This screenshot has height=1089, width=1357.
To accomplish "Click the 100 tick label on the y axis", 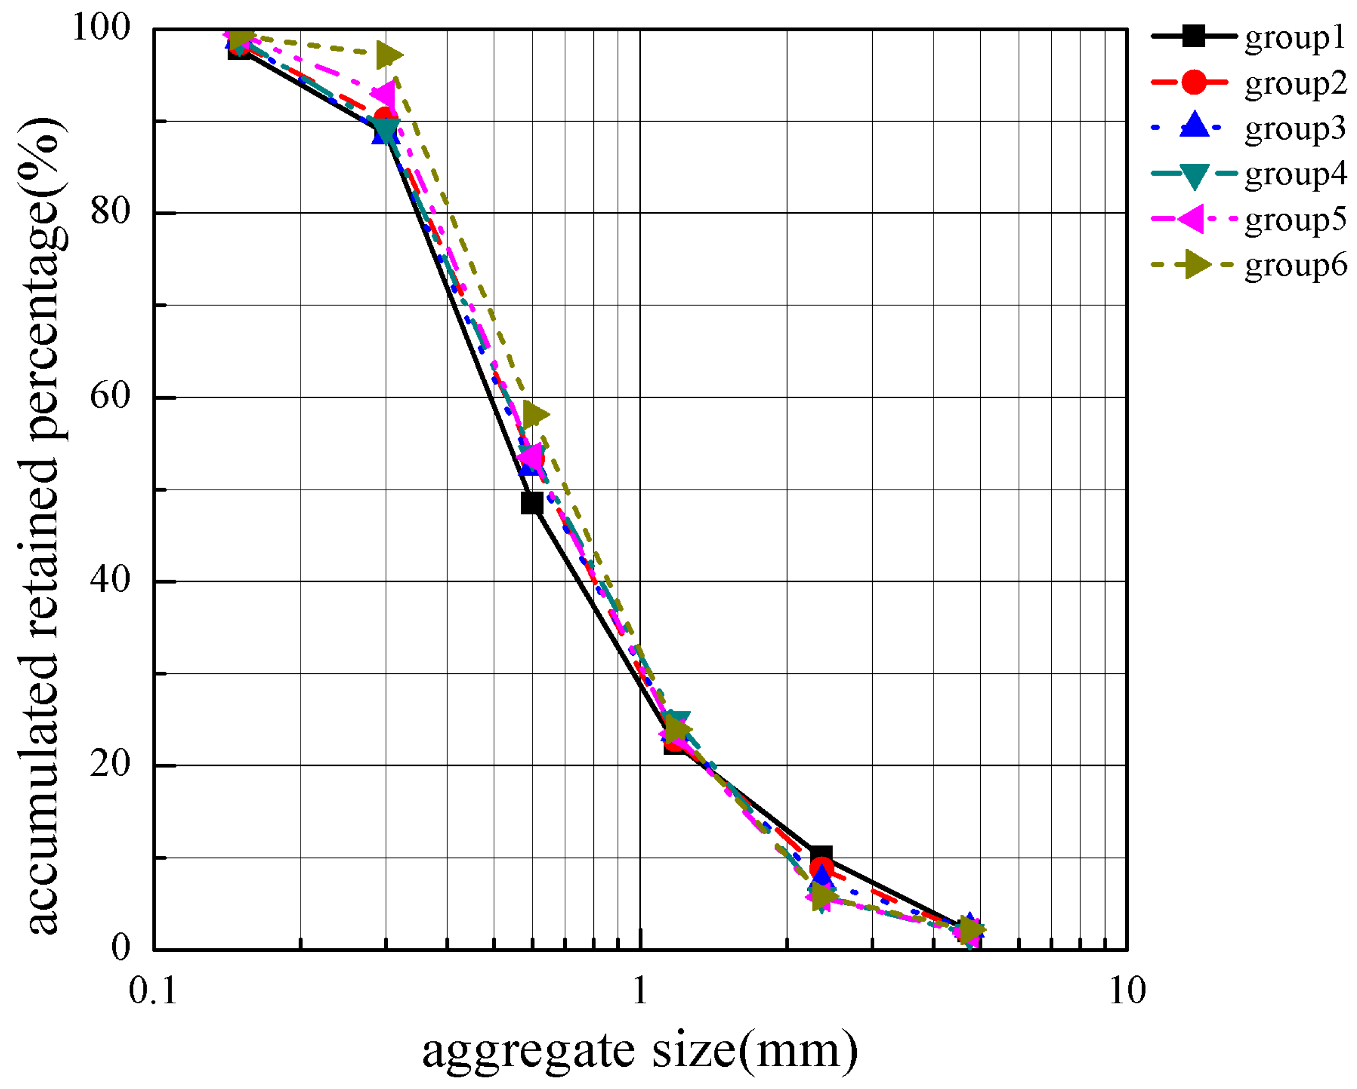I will [x=101, y=28].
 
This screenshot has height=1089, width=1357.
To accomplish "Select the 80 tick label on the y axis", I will [x=110, y=212].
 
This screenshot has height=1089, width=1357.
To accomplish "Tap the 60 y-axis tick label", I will [x=110, y=396].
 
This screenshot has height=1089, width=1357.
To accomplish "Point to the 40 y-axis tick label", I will [x=110, y=580].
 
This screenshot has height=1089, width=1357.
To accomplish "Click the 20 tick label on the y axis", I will [x=110, y=764].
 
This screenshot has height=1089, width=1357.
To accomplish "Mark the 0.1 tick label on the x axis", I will [x=153, y=992].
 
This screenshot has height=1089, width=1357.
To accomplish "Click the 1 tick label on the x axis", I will [x=640, y=992].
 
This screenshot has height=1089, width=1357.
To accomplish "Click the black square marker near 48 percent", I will [x=532, y=504].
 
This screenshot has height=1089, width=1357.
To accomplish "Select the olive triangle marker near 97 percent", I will [x=388, y=56].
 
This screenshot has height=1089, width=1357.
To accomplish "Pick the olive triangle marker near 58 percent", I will [x=535, y=415].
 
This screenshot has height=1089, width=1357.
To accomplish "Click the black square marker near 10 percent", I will [x=821, y=856].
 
